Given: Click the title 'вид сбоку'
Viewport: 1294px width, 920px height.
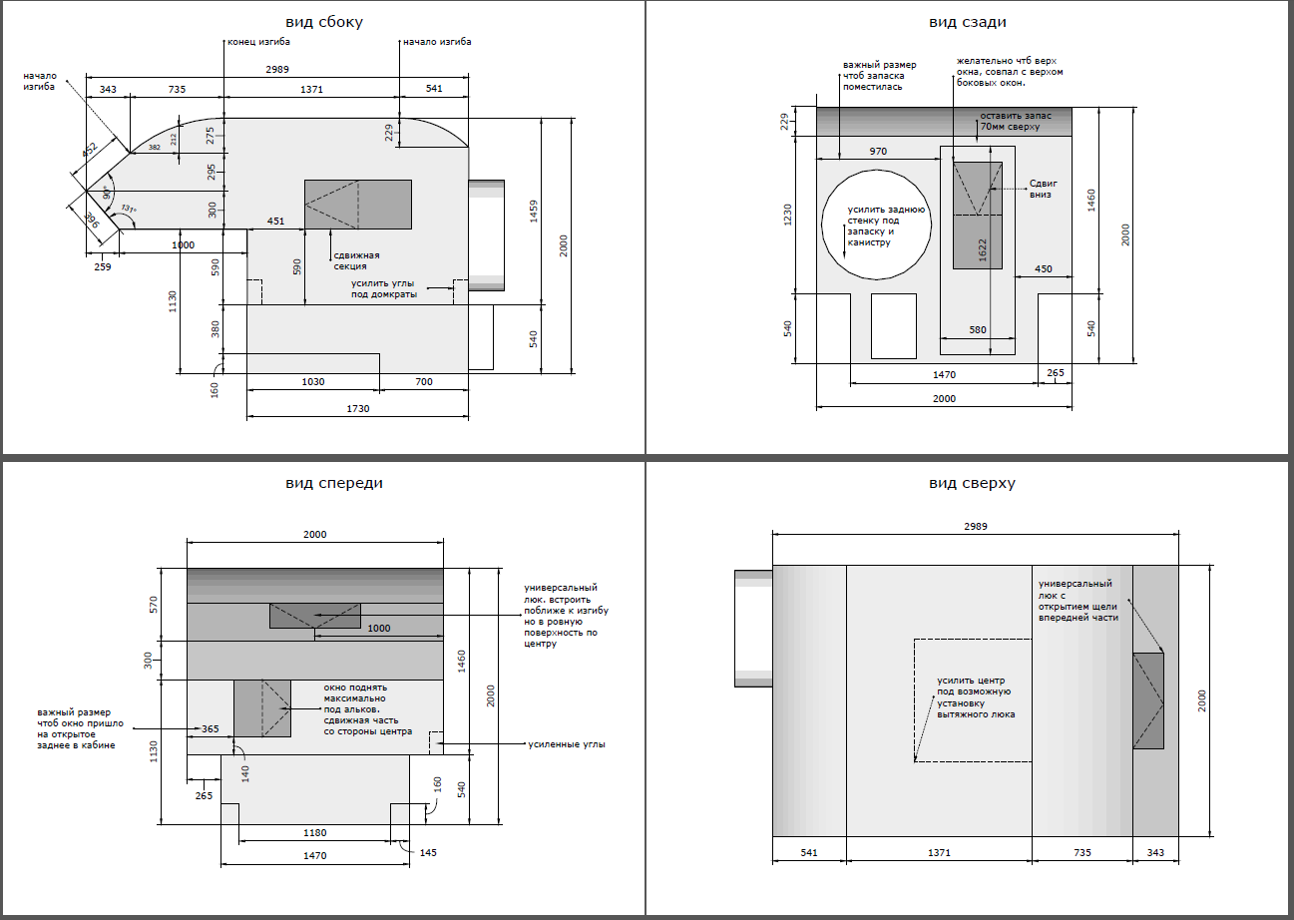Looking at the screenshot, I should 323,22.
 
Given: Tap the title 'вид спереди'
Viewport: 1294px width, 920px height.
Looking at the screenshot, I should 334,483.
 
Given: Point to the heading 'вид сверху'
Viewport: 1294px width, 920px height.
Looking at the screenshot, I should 972,483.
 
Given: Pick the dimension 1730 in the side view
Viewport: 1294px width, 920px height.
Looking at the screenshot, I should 357,409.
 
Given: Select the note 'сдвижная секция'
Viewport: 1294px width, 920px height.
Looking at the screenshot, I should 350,260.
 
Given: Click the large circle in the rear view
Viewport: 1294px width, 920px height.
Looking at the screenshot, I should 876,223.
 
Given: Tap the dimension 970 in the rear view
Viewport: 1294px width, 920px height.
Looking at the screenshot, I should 878,151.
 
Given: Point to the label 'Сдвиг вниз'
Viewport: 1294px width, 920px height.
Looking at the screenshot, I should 1043,190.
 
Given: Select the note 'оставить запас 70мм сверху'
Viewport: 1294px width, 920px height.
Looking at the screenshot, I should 1010,122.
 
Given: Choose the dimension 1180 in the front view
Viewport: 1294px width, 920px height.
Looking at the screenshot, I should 315,831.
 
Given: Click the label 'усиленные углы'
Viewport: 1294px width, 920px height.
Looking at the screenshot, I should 566,744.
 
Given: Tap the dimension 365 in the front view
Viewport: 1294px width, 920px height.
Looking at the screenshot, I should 211,729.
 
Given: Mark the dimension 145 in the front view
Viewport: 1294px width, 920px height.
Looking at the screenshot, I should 428,852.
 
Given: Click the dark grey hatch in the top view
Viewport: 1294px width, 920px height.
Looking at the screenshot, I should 1148,700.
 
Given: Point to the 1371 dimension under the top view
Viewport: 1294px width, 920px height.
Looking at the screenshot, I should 939,852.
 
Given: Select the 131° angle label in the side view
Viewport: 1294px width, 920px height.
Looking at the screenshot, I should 127,209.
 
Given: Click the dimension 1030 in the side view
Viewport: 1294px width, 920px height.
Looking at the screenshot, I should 314,381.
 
